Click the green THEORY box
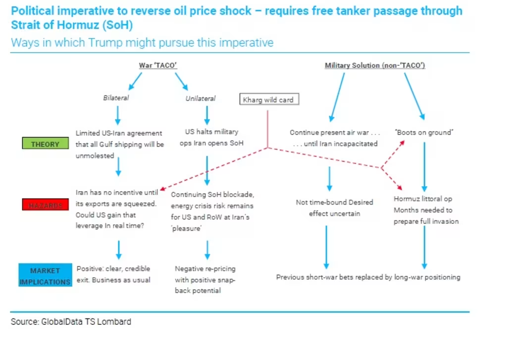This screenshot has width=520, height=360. [45, 144]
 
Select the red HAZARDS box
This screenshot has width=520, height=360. [45, 205]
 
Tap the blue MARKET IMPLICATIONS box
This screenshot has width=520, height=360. [45, 276]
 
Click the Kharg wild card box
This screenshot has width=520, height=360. [268, 100]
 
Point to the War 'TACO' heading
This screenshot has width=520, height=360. [158, 65]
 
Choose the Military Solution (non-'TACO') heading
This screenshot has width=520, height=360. [375, 65]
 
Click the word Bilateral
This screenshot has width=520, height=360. [116, 98]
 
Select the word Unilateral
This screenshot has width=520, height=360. [201, 99]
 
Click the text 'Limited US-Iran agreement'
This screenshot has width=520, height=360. [119, 133]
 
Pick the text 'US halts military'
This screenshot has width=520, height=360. [211, 132]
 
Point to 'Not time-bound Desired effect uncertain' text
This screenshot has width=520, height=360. [334, 208]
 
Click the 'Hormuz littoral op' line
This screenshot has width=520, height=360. [423, 199]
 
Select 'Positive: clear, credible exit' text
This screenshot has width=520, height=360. [113, 274]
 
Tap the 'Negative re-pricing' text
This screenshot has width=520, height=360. [205, 269]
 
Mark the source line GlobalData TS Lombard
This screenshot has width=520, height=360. [71, 322]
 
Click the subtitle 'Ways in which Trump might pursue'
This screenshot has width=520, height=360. [142, 43]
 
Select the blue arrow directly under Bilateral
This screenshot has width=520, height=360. [118, 115]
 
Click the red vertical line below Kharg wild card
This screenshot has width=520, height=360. [268, 129]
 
